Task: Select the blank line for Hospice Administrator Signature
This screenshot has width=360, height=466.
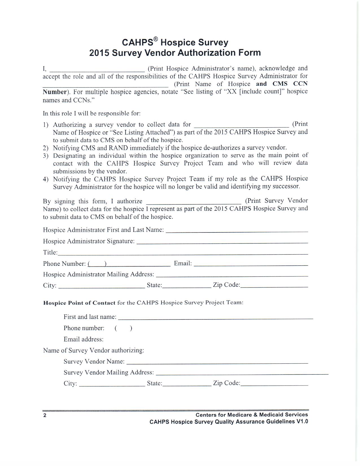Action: pyautogui.click(x=222, y=242)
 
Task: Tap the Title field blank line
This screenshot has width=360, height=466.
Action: pyautogui.click(x=183, y=254)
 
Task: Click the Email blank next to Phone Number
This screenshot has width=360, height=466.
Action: pyautogui.click(x=251, y=265)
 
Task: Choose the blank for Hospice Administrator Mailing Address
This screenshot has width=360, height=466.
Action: pyautogui.click(x=232, y=275)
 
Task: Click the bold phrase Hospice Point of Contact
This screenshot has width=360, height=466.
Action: pyautogui.click(x=79, y=303)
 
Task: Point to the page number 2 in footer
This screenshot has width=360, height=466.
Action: pyautogui.click(x=45, y=415)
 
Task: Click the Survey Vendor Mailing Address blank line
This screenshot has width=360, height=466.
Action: pyautogui.click(x=242, y=374)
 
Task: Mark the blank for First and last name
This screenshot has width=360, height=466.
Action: pyautogui.click(x=215, y=318)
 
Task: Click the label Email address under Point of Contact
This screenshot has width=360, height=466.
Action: pyautogui.click(x=83, y=339)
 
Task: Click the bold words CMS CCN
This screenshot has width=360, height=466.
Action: pyautogui.click(x=290, y=84)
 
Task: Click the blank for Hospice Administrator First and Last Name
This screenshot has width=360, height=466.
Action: pyautogui.click(x=237, y=231)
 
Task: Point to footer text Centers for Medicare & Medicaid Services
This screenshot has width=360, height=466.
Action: pyautogui.click(x=252, y=415)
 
